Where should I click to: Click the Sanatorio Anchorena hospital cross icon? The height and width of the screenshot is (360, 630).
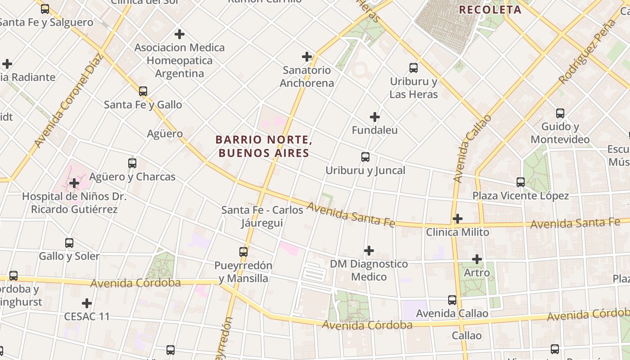click(x=307, y=57)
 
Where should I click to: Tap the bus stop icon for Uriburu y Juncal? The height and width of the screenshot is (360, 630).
click(x=365, y=157)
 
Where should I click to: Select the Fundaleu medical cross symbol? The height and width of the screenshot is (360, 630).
click(x=375, y=117)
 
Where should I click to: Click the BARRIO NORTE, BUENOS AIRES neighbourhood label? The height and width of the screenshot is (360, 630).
click(x=264, y=146)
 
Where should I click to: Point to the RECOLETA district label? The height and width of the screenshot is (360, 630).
click(x=490, y=9)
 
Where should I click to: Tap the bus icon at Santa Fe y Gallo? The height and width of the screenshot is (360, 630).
click(x=143, y=91)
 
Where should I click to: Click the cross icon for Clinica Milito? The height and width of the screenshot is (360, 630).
click(x=458, y=219)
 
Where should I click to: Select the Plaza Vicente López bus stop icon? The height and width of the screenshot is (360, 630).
click(x=521, y=182)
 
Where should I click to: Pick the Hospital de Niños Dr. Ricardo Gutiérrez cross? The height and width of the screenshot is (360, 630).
click(x=74, y=183)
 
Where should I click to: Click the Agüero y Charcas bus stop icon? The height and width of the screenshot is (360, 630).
click(x=132, y=163)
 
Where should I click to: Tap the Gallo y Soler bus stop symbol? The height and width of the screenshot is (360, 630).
click(x=69, y=243)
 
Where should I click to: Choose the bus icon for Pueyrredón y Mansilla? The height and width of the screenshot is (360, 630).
click(x=243, y=252)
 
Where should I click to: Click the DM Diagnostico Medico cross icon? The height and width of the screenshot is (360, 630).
click(x=369, y=250)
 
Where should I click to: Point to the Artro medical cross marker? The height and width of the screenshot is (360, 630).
click(x=477, y=259)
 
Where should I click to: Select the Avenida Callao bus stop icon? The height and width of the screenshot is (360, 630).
click(x=452, y=300)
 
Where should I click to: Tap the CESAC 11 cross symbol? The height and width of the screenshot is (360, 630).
click(x=87, y=303)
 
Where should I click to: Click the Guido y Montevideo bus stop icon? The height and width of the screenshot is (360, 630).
click(x=560, y=113)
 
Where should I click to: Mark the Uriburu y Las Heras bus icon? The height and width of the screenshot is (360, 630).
click(x=414, y=68)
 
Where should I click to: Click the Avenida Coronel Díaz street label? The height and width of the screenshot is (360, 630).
click(x=68, y=101)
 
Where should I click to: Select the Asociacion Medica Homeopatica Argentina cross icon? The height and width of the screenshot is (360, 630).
click(x=180, y=34)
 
